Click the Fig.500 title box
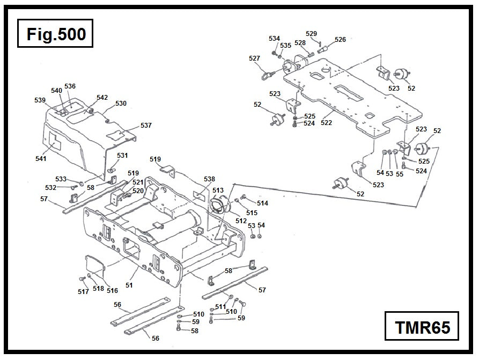56,34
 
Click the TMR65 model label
422,326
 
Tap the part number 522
327,123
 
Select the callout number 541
41,158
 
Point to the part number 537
146,126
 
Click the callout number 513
218,190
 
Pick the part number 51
129,285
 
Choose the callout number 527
254,58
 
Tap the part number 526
340,40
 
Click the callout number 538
209,179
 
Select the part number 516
112,290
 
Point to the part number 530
121,103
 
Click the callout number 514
262,203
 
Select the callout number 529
312,33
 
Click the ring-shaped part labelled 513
218,205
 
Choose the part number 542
102,98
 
